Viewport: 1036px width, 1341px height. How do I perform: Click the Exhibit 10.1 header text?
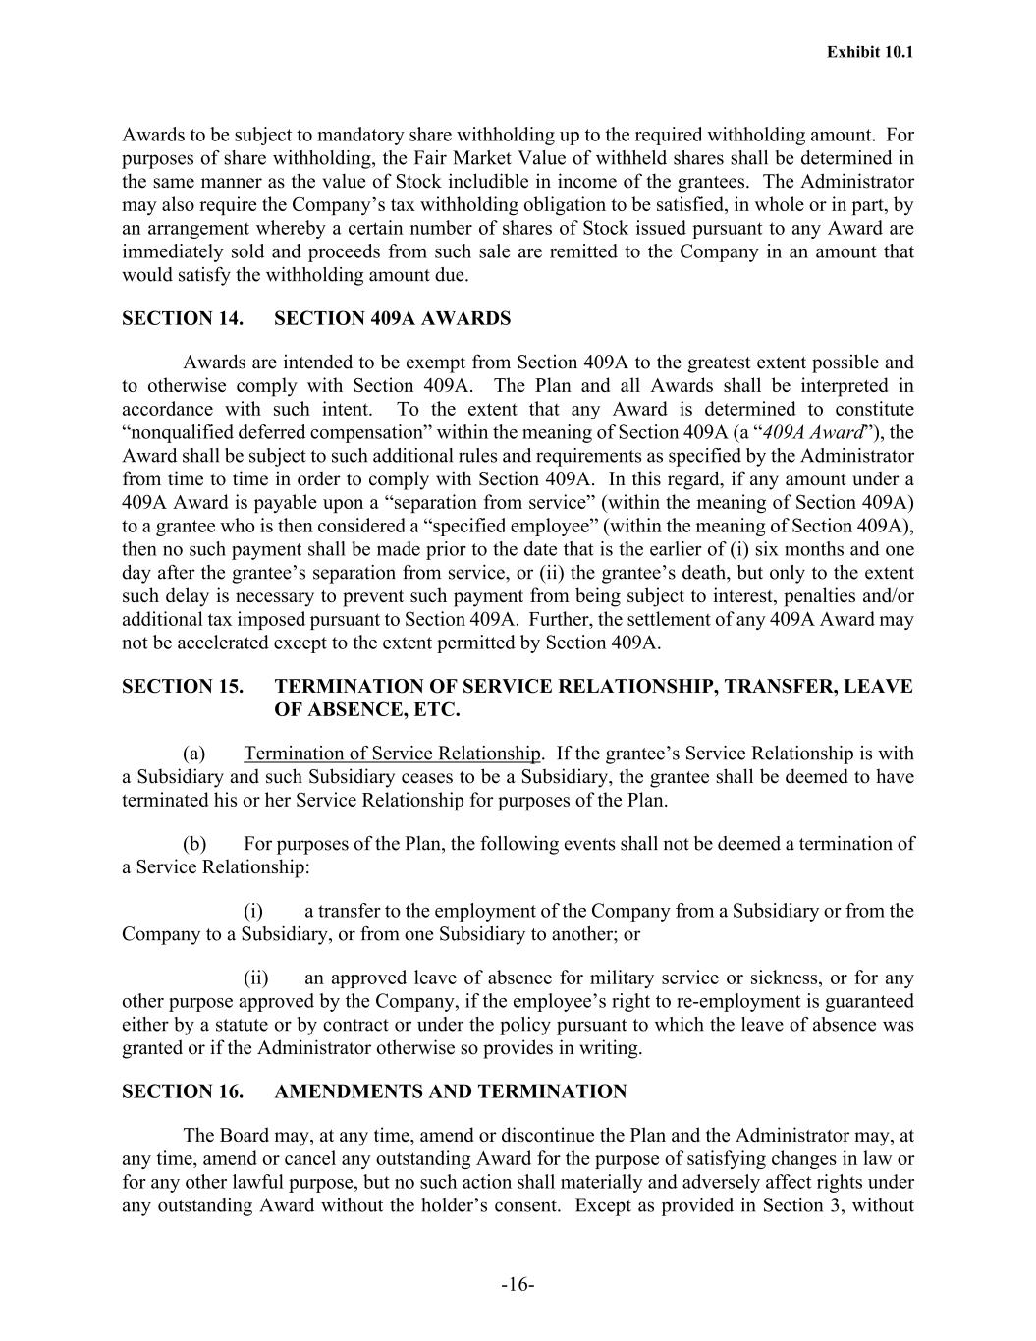(869, 52)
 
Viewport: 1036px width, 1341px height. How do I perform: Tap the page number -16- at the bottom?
(518, 1285)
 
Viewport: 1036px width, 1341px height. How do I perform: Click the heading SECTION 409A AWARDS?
(393, 318)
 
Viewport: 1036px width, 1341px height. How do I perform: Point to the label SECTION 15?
(183, 687)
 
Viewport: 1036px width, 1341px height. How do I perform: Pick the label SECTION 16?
(183, 1091)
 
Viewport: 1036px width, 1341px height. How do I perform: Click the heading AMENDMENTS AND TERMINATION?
(451, 1091)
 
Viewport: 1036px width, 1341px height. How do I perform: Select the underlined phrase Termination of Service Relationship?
(392, 754)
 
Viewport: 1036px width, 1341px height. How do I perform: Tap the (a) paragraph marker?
(194, 754)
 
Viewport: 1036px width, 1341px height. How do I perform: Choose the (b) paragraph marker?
(194, 844)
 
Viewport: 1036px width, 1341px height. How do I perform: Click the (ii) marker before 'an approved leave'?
(256, 978)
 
